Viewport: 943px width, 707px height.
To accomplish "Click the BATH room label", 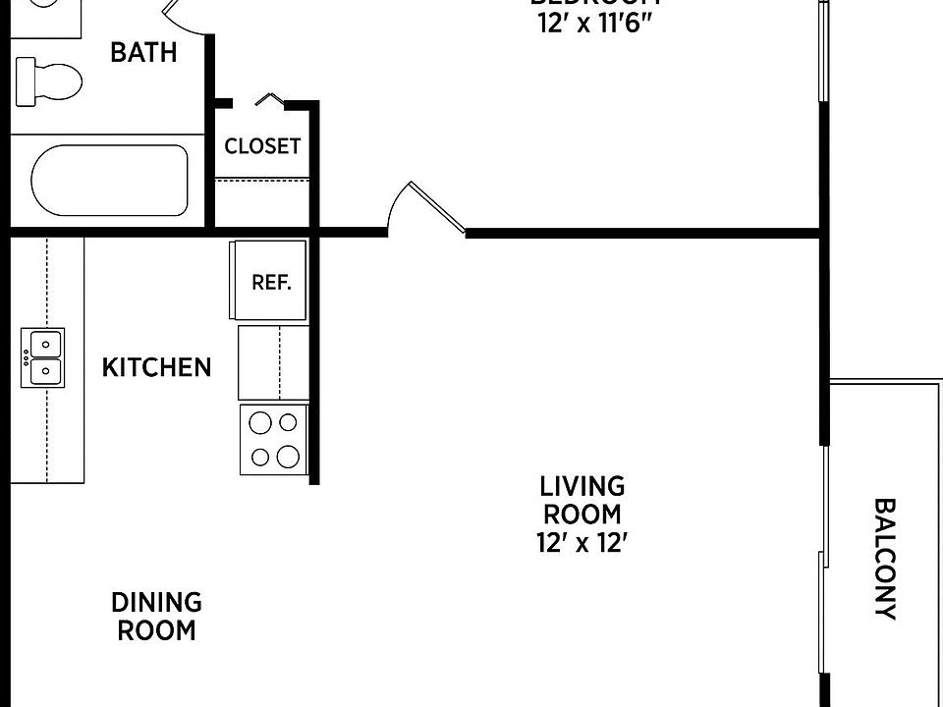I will [143, 53].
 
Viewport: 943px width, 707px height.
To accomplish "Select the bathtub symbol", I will [109, 181].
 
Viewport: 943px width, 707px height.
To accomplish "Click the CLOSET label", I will [262, 147].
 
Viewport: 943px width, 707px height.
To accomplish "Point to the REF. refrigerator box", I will [270, 282].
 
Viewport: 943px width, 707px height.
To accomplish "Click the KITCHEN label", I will [157, 368].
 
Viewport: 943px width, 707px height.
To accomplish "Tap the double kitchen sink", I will [43, 358].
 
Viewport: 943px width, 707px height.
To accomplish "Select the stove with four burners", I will [274, 440].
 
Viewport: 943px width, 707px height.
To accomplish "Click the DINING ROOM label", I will [157, 616].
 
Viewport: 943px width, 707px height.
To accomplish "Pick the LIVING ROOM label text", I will [582, 500].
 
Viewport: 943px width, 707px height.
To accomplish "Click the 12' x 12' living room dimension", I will [582, 543].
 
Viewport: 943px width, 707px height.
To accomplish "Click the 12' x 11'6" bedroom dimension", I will [594, 25].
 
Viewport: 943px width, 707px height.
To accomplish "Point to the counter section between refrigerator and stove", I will [274, 360].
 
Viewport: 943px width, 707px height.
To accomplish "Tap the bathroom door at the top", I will [187, 15].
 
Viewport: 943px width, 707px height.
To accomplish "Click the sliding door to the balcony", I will [822, 560].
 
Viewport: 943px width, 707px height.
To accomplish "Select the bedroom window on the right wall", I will [822, 49].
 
